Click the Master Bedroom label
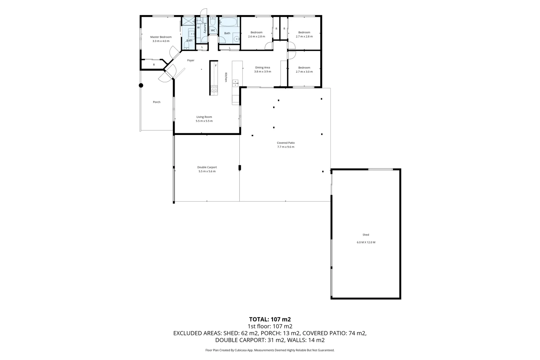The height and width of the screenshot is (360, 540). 161,37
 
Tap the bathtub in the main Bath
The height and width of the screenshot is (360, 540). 228,22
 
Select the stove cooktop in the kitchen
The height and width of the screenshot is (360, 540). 214,89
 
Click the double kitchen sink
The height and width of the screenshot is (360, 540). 235,83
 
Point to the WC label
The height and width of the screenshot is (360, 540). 213,30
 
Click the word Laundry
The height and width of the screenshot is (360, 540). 205,28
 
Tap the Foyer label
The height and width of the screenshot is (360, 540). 190,60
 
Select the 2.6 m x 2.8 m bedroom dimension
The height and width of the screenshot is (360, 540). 256,36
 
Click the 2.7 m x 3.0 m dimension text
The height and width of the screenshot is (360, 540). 304,72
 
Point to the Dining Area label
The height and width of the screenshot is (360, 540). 262,67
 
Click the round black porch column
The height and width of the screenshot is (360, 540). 141,85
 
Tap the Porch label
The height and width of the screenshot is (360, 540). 156,102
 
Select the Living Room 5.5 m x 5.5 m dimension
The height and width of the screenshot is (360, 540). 204,121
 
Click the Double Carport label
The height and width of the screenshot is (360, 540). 207,167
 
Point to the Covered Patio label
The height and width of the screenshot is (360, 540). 286,143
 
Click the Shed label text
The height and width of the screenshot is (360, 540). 366,235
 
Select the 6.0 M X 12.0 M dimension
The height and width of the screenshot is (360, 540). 366,242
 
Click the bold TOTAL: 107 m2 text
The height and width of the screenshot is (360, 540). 270,319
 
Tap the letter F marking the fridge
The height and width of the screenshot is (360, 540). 216,66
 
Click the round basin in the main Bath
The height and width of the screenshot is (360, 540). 237,39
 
